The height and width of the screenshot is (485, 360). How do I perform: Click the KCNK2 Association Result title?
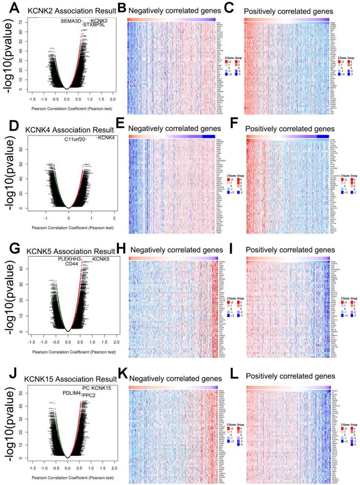click(68, 10)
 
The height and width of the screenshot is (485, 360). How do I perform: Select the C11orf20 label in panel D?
click(74, 140)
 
